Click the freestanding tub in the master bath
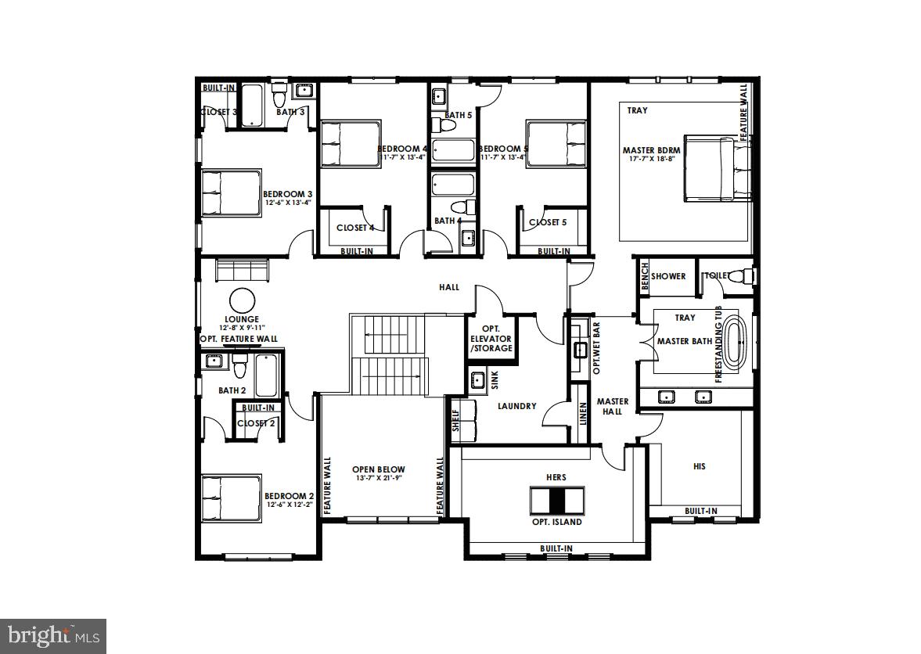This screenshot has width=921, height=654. (734, 341)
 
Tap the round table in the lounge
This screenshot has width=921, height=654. (242, 301)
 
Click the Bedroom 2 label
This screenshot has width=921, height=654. (289, 496)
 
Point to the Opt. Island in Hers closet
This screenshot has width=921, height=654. (556, 500)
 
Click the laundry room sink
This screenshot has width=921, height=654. (477, 381)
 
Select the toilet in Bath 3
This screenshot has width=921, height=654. (278, 96)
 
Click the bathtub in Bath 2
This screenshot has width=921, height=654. (265, 375)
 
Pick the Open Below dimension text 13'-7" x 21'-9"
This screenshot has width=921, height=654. (379, 479)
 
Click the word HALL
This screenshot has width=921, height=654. (449, 287)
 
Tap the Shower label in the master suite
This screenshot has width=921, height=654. (668, 276)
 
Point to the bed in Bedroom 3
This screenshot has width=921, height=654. (230, 194)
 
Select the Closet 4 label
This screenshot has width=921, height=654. (355, 228)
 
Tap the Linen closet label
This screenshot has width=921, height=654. (583, 415)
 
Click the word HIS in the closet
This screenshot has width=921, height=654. (700, 466)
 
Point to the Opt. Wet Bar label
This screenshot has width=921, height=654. (595, 345)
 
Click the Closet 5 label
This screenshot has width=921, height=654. (549, 222)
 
